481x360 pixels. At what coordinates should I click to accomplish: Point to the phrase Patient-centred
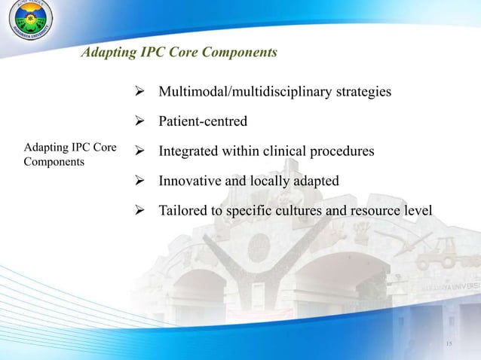203,122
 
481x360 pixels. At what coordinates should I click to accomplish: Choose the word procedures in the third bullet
342,151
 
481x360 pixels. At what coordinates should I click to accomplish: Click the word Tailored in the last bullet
182,211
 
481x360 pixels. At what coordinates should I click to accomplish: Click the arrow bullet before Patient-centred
139,122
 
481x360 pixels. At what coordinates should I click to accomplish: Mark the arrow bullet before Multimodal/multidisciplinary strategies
139,93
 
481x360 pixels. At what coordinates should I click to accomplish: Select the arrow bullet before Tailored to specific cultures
139,211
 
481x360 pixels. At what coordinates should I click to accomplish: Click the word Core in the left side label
103,148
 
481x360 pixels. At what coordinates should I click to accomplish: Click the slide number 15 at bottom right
449,345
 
